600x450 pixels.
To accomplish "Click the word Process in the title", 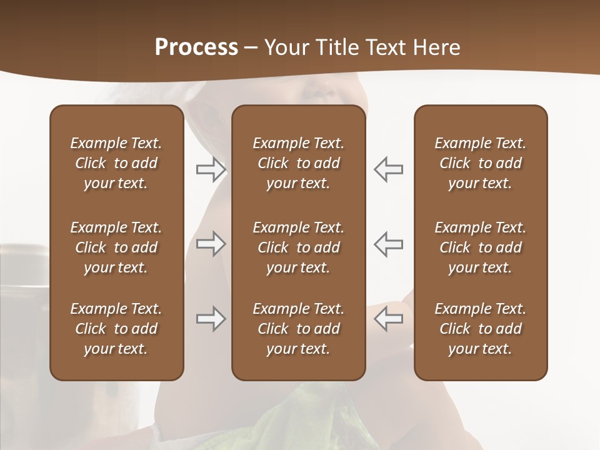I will [196, 47].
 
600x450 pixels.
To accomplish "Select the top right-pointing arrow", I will [211, 169].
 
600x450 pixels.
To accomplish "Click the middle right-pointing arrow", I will [211, 244].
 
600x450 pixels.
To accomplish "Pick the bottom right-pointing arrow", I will [211, 319].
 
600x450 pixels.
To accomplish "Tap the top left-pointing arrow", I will [389, 169].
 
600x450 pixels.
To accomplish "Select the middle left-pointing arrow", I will [389, 244].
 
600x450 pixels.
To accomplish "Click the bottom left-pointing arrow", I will [389, 319].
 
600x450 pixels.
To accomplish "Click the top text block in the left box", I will [116, 163].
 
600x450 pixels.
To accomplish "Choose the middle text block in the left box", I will [116, 247].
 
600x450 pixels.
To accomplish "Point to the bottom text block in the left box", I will [116, 329].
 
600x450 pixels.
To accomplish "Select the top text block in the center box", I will [299, 163].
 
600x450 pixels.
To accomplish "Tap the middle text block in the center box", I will [299, 247].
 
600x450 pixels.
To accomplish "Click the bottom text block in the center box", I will [299, 329].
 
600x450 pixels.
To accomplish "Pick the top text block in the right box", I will [481, 163].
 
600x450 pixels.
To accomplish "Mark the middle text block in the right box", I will [481, 247].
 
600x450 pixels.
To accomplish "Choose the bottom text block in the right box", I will [481, 329].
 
